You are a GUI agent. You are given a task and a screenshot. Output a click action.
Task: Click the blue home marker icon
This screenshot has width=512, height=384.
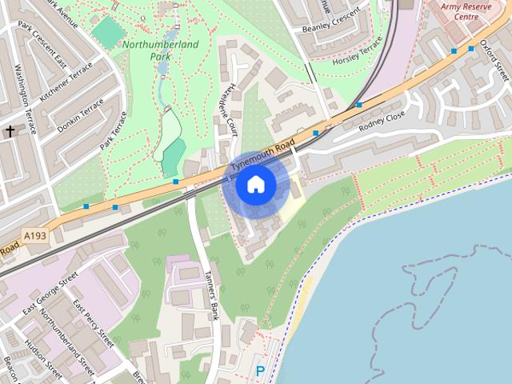(256, 185)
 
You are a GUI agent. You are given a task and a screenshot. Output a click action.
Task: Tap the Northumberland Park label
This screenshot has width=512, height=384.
(161, 50)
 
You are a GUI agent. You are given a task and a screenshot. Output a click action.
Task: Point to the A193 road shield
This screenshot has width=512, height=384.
(36, 236)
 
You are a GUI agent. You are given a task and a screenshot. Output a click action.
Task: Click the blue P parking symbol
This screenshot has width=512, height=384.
(259, 371)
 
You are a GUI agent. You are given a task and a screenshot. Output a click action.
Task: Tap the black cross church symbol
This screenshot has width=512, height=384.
(10, 130)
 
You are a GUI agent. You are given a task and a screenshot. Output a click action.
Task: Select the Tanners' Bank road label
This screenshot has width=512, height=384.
(213, 294)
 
